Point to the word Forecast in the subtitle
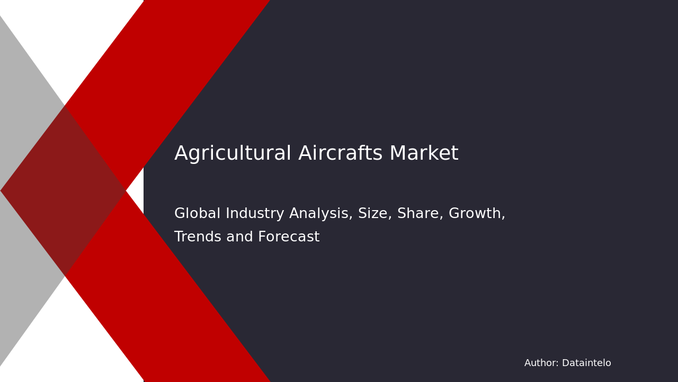point(289,237)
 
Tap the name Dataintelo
point(586,363)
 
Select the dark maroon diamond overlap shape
point(64,190)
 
